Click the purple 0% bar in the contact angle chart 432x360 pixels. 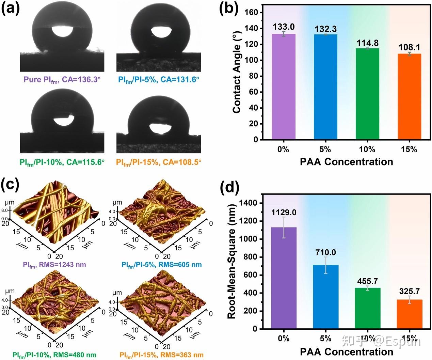pos(284,87)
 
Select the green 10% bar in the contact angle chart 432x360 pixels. pos(367,94)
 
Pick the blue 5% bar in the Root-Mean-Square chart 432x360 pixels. pos(326,297)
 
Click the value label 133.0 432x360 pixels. pos(284,27)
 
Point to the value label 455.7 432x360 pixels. pos(367,281)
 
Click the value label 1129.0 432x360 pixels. pos(284,213)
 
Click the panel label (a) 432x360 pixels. pos(10,9)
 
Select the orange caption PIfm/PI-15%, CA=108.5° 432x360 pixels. pos(159,162)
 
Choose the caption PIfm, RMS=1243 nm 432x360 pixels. pos(54,265)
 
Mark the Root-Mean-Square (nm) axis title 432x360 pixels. pos(232,262)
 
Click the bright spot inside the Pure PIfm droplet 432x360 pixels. pos(62,31)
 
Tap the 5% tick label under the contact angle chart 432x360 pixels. pos(325,149)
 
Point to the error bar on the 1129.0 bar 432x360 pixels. pos(284,228)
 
